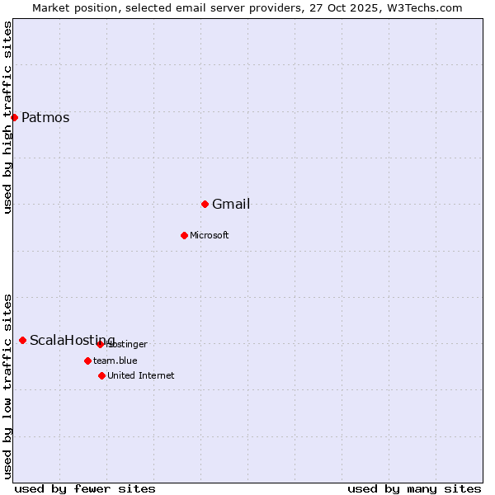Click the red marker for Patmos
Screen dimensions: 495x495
14,117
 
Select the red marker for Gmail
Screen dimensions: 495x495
205,204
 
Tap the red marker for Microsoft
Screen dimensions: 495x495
184,235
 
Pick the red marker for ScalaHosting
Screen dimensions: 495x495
22,340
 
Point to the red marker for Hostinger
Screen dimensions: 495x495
100,344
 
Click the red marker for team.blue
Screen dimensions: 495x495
87,361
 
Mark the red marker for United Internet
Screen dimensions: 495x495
101,375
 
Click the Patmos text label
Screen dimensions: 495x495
45,117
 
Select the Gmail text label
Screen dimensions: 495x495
231,205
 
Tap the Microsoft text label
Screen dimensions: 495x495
210,236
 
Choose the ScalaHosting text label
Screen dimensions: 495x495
73,341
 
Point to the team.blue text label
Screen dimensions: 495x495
115,361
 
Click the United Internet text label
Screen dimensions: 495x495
141,376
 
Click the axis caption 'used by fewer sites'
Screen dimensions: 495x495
85,488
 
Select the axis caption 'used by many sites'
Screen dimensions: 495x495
414,488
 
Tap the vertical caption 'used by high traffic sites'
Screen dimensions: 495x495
8,117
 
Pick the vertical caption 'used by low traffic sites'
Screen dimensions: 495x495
8,386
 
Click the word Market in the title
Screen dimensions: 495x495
51,8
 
